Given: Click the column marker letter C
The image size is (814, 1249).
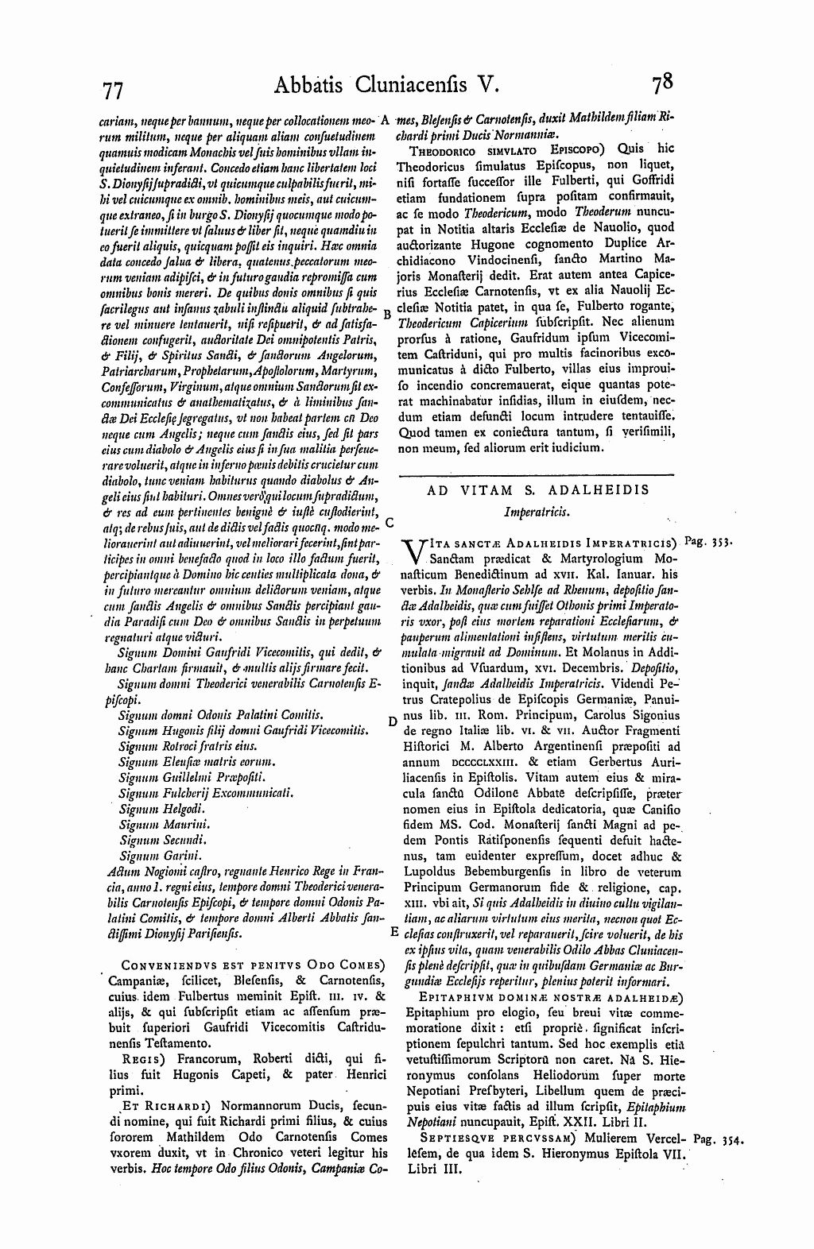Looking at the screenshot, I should pyautogui.click(x=390, y=524).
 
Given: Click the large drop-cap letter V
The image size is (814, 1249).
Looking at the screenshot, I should pyautogui.click(x=413, y=551).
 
